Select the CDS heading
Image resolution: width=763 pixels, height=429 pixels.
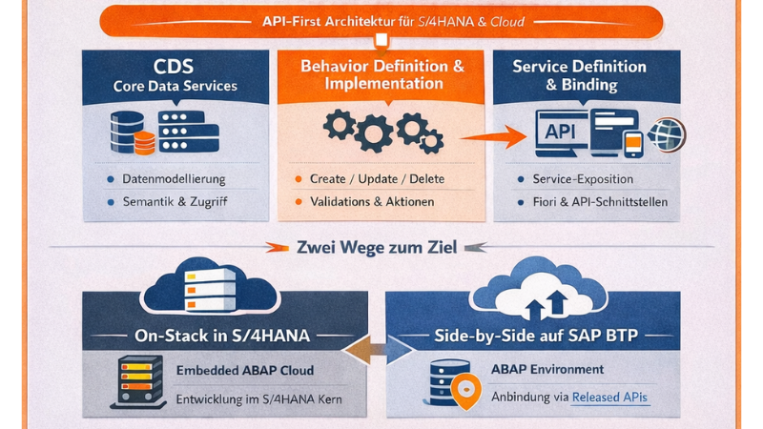[175, 67]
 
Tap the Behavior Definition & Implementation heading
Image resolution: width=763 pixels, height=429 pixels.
[381, 74]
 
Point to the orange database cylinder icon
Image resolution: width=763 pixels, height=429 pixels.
[144, 143]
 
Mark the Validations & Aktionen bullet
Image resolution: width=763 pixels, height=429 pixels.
[372, 202]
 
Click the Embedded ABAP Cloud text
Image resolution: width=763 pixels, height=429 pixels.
[245, 371]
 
